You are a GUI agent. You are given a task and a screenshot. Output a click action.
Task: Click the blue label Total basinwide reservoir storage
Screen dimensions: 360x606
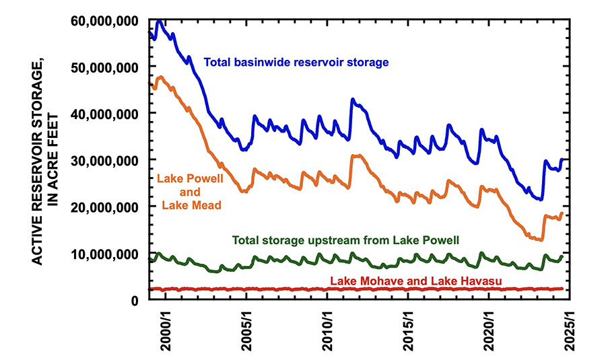296,63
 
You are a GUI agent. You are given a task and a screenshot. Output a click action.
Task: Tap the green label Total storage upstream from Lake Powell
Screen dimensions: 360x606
346,240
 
